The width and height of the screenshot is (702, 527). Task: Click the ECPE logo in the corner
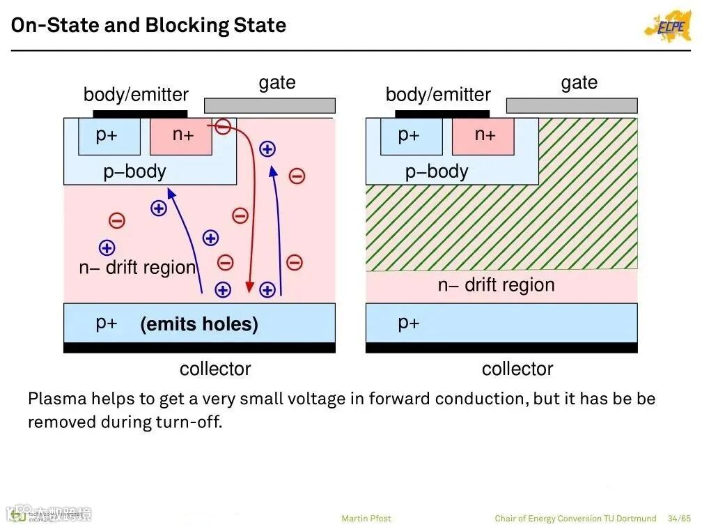coord(666,26)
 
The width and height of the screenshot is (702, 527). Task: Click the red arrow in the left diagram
coord(249,209)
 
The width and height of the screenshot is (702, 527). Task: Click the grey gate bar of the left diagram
coord(270,105)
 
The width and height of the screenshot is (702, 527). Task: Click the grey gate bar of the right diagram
coord(571,105)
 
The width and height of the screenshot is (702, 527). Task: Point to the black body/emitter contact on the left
coord(140,114)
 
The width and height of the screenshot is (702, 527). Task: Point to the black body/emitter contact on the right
coord(442,114)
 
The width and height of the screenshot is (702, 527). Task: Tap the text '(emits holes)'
coord(199,324)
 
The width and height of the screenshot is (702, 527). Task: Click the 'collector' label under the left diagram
coord(215,369)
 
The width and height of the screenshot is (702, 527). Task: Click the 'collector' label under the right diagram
coord(517,369)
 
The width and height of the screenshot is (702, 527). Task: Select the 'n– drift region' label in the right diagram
coord(496,284)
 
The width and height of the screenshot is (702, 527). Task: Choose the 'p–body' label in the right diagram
coord(437,171)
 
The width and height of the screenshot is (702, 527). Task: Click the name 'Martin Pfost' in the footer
coord(366,518)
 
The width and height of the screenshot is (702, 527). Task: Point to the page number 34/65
coord(678,518)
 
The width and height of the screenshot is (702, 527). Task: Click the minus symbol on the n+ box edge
coord(223,127)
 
